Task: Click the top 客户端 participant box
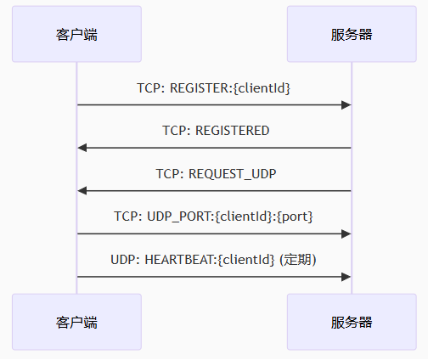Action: (76, 34)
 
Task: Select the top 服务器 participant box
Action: (352, 34)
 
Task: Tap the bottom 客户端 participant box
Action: (76, 322)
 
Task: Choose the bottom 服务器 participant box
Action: (352, 322)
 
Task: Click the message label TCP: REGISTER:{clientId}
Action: (214, 88)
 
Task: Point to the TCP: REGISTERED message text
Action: (216, 131)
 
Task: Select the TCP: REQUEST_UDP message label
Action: (216, 174)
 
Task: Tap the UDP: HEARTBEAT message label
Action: (213, 260)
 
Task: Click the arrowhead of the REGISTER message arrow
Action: (346, 105)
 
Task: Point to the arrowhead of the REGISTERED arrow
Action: (82, 148)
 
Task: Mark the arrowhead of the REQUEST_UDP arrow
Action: (82, 191)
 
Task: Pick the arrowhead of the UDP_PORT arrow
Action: (346, 234)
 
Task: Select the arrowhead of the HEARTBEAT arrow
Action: (346, 277)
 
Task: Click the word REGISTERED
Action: (233, 131)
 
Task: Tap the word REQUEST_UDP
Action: (233, 174)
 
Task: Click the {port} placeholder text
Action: (295, 217)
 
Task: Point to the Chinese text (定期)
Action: (298, 260)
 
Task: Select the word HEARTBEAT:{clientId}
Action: (210, 260)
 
